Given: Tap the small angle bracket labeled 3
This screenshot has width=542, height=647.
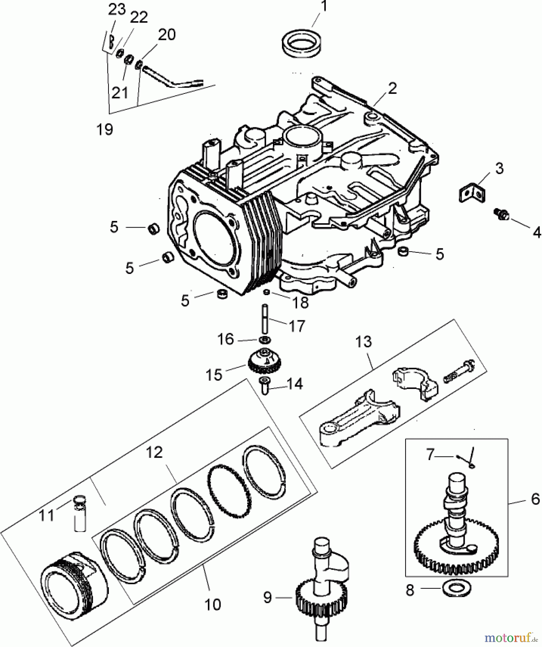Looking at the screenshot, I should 471,192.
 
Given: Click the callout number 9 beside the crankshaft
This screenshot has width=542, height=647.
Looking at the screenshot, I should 267,597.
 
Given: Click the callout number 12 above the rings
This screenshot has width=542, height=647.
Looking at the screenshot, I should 154,452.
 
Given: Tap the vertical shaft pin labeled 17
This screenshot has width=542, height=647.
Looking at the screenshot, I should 265,318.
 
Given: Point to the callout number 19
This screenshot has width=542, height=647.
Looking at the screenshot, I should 105,129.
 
